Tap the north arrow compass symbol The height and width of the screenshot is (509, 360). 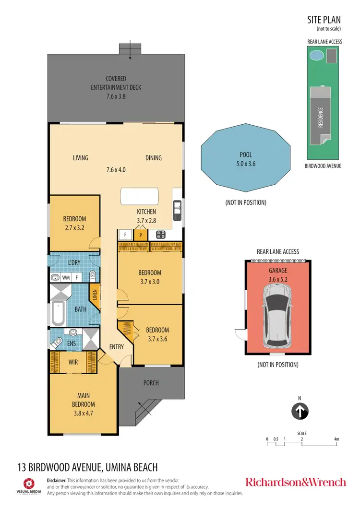coord(300,411)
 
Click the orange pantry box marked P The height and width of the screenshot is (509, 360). coord(141,235)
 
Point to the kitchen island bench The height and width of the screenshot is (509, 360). coord(139,197)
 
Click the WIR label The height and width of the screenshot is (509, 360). coord(72,362)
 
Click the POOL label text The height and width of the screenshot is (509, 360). coord(246,155)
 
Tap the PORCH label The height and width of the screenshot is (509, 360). coord(151,383)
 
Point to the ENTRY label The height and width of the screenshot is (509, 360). coord(116,347)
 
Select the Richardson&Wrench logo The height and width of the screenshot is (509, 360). coord(295,482)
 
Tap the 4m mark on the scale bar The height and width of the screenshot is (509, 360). coord(336,439)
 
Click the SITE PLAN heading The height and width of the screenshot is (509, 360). coord(324,20)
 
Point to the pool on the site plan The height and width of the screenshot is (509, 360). coord(316,56)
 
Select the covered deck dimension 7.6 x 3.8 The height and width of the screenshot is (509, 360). coord(116,96)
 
